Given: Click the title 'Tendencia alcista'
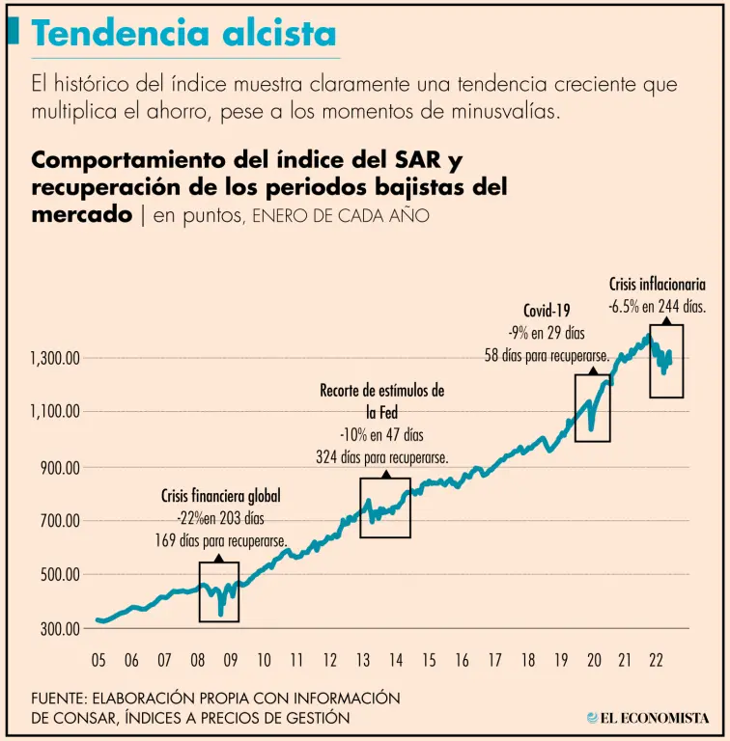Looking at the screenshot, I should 183,34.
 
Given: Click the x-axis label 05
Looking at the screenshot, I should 98,661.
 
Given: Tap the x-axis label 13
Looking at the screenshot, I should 363,661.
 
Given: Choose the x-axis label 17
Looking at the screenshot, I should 495,661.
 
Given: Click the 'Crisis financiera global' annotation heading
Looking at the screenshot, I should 220,497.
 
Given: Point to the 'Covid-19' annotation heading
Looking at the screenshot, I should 547,311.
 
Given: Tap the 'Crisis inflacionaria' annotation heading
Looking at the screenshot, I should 658,286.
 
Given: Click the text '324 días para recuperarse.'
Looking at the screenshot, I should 381,457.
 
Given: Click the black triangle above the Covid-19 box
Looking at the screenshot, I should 592,369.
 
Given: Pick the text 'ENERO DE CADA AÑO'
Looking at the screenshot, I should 341,217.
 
